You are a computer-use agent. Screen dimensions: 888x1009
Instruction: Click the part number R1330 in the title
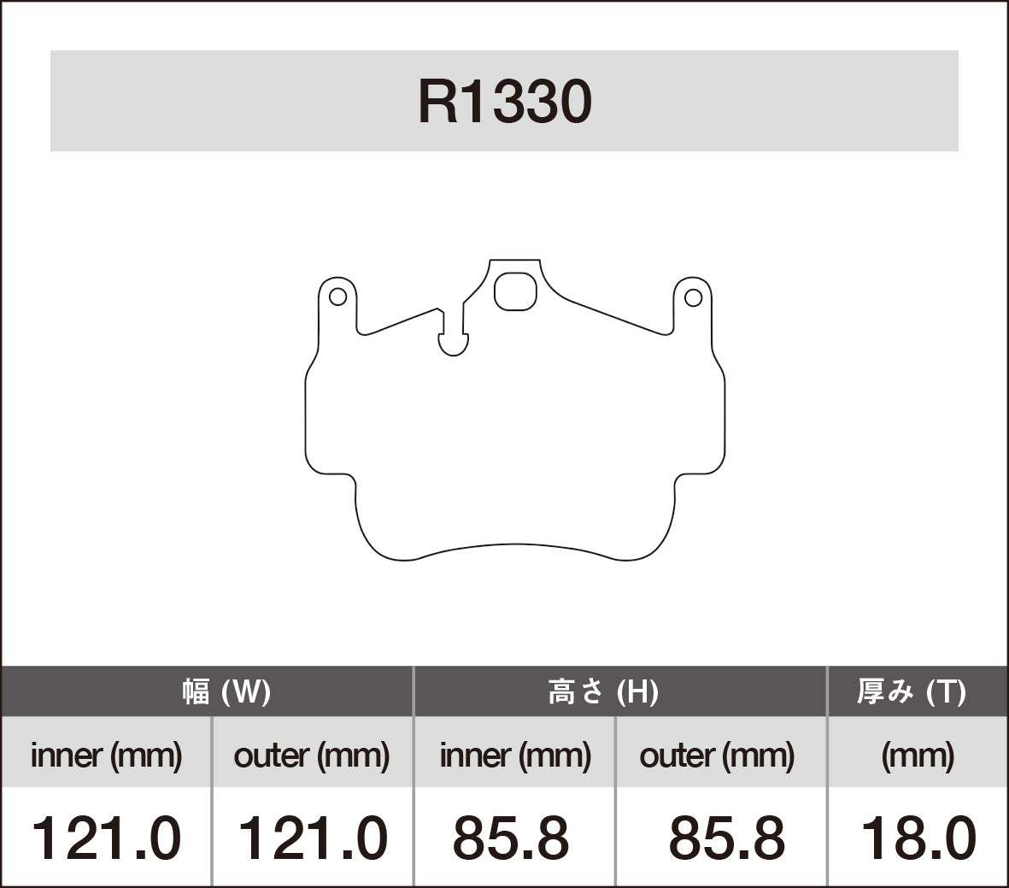504,103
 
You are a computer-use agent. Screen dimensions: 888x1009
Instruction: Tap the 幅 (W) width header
226,691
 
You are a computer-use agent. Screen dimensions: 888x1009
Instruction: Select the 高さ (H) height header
602,691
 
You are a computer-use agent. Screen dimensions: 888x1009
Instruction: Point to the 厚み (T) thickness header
911,691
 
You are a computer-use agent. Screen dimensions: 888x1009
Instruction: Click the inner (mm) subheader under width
106,755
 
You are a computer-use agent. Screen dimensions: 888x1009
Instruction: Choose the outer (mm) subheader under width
311,755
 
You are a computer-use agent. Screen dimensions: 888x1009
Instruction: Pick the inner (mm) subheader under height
515,755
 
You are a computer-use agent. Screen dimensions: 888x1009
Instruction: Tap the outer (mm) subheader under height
717,755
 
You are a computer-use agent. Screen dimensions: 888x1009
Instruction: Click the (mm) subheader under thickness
918,755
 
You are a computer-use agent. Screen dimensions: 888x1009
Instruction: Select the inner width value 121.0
106,838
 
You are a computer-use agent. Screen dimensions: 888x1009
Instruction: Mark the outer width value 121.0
311,838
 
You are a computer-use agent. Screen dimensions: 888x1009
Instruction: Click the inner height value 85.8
511,838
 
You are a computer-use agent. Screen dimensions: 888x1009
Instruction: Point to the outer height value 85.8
726,838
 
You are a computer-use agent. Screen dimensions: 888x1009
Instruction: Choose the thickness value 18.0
918,838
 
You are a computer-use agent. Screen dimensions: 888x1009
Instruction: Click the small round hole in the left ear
337,297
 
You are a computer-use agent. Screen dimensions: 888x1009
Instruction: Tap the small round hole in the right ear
693,297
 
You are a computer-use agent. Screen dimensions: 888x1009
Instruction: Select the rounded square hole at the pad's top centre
515,291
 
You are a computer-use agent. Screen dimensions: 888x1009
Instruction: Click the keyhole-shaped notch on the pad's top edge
453,340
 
